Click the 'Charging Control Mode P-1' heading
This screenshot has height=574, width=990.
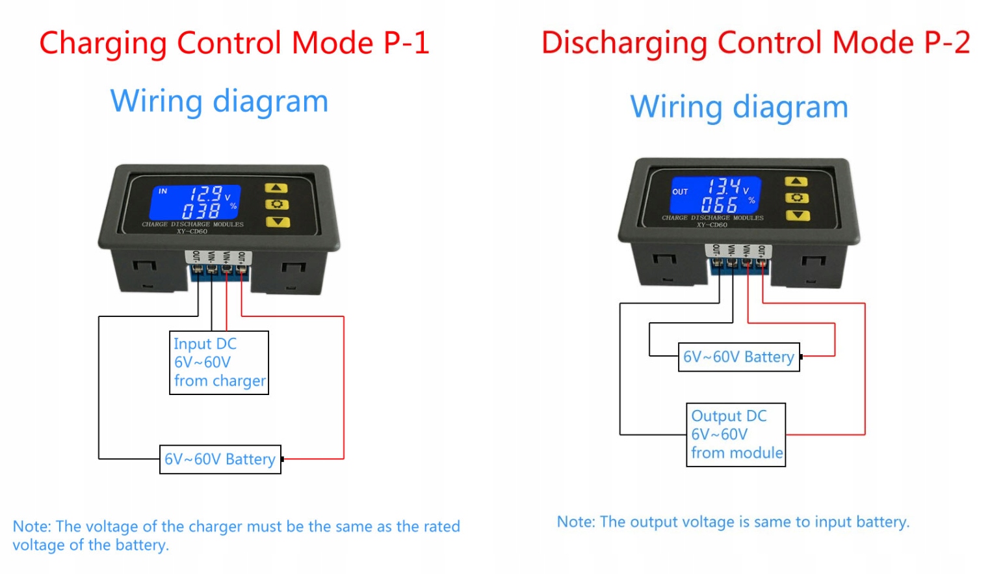(234, 44)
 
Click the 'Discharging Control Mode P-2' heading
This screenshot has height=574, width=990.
(755, 44)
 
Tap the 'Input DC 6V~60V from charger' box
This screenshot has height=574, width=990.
(219, 362)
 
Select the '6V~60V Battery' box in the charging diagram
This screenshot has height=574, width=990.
(220, 459)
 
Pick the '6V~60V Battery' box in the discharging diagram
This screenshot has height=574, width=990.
(738, 357)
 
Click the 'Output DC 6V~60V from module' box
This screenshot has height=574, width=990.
(736, 435)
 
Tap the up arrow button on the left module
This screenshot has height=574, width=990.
(276, 188)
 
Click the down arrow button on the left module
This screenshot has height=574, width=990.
(278, 222)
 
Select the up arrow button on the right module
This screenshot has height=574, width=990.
(796, 182)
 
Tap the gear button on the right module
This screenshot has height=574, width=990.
(797, 198)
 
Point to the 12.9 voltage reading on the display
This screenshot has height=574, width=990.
(205, 193)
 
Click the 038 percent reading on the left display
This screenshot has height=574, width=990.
(201, 210)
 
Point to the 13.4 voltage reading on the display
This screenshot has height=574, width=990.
(723, 187)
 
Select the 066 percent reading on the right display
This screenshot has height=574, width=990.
(719, 204)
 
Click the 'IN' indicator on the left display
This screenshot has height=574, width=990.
(163, 191)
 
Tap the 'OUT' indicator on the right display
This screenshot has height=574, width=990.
(680, 192)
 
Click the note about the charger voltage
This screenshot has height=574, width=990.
(237, 536)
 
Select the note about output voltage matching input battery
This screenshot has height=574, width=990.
(733, 522)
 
